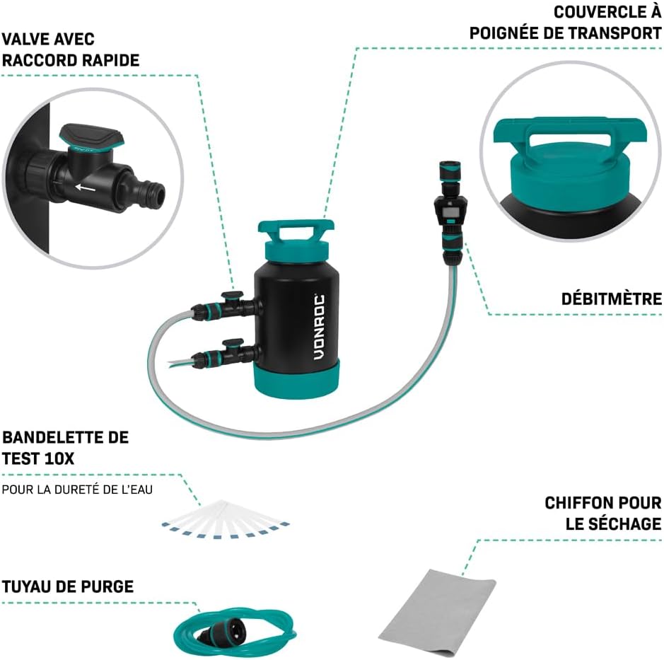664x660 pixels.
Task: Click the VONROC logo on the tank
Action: (320, 327)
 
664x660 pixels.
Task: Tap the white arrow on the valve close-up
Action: (86, 187)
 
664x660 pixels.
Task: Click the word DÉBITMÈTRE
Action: (612, 299)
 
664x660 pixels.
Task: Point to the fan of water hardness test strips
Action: (226, 519)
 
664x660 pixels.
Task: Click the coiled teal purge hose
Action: (235, 631)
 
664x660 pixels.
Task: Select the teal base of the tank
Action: (296, 378)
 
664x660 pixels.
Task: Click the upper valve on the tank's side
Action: (224, 306)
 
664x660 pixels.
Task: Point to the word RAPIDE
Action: (110, 60)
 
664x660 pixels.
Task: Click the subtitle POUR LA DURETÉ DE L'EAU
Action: (77, 490)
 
